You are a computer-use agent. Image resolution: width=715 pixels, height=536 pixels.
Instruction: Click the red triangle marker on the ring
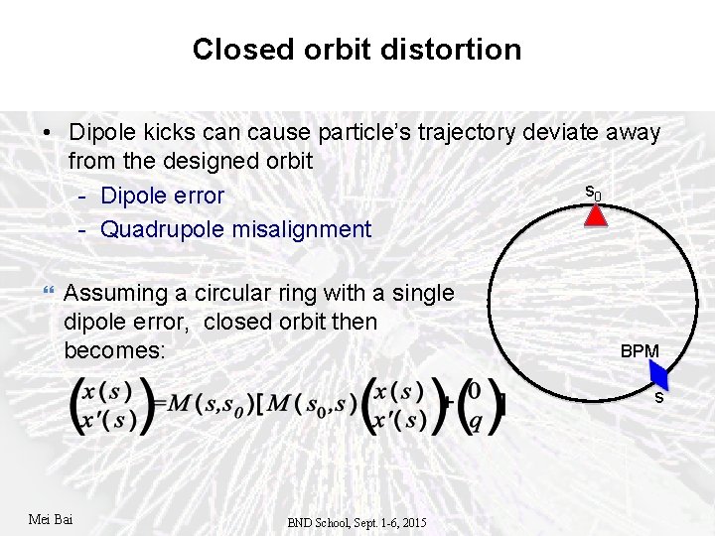[x=595, y=215]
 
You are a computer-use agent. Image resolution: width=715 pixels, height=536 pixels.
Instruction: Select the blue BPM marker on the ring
[x=660, y=375]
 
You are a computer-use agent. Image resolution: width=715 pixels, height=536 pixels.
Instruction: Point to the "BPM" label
[x=640, y=351]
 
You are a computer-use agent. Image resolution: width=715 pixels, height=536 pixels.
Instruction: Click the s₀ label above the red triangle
[x=592, y=192]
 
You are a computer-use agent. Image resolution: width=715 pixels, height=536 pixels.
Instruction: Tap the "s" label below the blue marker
[x=657, y=397]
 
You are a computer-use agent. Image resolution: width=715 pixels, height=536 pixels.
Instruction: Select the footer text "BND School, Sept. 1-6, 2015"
[x=357, y=522]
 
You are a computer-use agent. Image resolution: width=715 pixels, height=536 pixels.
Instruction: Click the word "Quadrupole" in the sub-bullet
[x=163, y=229]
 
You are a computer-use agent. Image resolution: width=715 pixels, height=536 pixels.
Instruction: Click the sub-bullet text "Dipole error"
[x=163, y=196]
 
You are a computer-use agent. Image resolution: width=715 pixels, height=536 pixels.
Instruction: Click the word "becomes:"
[x=110, y=350]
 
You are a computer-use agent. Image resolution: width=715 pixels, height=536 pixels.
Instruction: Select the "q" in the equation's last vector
[x=476, y=420]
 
